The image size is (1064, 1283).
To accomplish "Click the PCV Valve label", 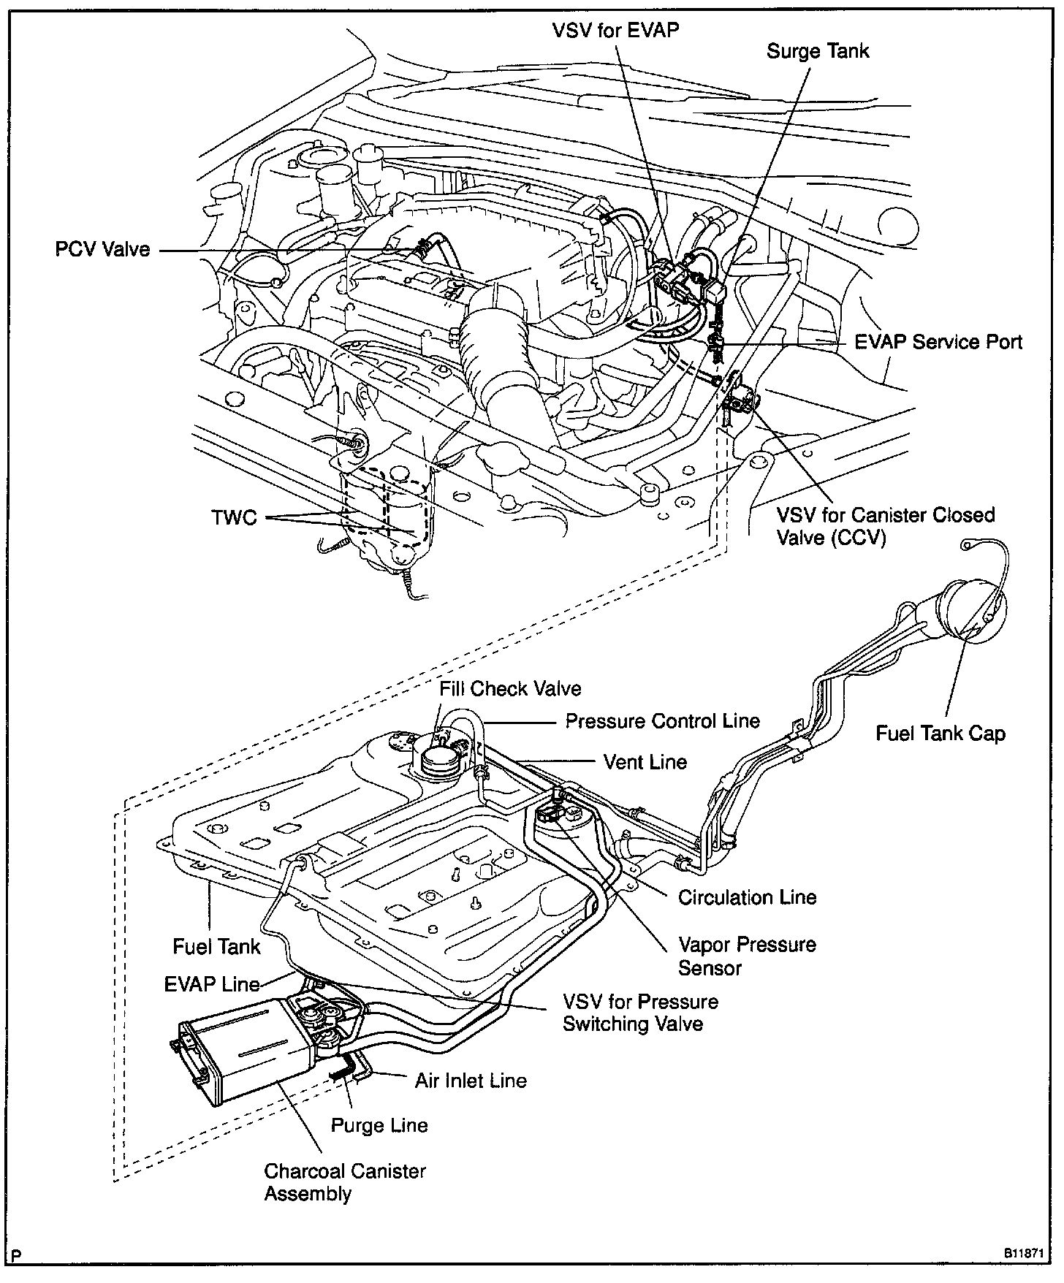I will coord(102,250).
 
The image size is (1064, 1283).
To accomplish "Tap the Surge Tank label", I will coord(818,51).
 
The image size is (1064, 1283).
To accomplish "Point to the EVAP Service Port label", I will coord(938,342).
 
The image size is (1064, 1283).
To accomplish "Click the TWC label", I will coord(234,518).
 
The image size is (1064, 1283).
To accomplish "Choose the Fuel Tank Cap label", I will coord(940,734).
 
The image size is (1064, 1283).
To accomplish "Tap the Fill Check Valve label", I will coord(510,688).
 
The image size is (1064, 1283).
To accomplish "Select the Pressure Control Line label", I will coord(663,721).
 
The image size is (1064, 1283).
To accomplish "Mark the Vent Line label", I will coord(645,762).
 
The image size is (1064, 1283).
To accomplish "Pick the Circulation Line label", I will coord(747,897).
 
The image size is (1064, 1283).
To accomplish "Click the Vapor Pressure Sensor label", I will coord(746,956).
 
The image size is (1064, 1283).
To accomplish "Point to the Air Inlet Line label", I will coord(471,1081).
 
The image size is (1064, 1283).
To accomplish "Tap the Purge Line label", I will coord(379,1125).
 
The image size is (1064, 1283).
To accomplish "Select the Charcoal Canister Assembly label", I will coord(345,1182).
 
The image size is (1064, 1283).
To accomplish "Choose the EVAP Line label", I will coord(212,984).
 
